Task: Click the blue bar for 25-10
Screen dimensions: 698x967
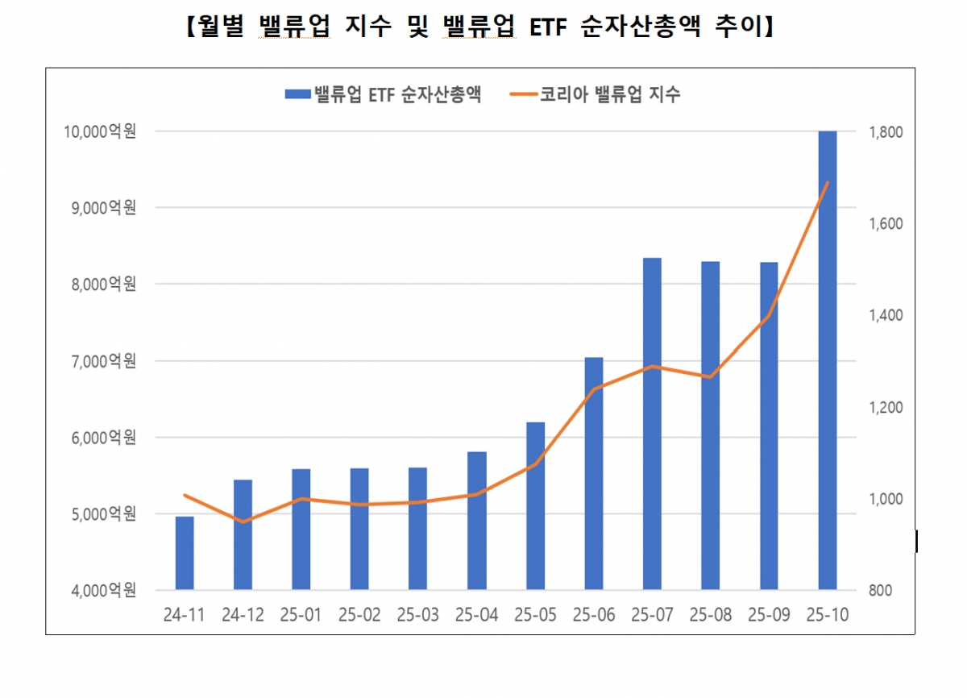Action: click(828, 360)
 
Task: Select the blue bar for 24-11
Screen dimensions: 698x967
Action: click(185, 553)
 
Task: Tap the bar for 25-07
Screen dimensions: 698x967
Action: click(652, 424)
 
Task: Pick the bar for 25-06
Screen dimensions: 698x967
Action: click(594, 473)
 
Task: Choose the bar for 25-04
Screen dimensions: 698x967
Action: click(477, 521)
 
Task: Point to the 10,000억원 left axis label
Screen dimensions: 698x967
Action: click(100, 131)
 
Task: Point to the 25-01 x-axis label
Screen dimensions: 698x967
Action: click(301, 615)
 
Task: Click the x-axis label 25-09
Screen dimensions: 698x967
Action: click(769, 615)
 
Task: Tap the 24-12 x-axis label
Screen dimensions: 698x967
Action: click(243, 615)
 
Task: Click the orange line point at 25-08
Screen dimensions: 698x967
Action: click(710, 377)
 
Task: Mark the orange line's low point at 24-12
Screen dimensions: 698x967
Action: click(243, 522)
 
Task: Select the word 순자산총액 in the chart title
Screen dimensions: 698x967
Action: click(641, 27)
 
